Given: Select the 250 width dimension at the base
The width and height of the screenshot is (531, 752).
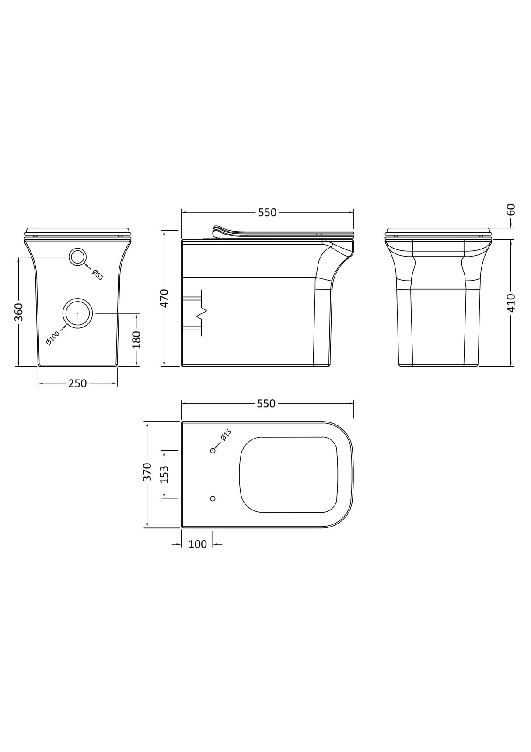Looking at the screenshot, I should pos(77,383).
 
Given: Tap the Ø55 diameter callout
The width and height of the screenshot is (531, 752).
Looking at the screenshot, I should pos(98,275).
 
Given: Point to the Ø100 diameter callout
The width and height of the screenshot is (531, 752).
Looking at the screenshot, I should pos(52,338).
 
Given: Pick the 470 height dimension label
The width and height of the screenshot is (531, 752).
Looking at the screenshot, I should pos(164,298).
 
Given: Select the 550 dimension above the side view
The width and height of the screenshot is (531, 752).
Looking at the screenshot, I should pos(267,213).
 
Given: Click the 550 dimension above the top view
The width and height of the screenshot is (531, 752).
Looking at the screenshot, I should pos(267,404).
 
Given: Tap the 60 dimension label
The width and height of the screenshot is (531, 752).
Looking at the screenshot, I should pos(511,210).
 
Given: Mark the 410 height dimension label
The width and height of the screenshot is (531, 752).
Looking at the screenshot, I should pos(511,302).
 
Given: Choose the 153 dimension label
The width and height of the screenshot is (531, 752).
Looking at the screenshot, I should pos(164,474).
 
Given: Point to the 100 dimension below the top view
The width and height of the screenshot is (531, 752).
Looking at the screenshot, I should pos(197,545).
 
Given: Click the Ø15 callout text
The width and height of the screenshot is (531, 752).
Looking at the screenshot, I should pos(226,435).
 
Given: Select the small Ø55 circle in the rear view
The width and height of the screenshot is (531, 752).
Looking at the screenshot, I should pos(78,257).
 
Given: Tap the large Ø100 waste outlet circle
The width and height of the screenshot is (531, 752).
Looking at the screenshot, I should pos(78,313).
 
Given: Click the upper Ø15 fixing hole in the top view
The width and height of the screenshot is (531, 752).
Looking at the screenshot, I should pos(213,450).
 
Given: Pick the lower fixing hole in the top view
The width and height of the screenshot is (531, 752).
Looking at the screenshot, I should pos(213,499).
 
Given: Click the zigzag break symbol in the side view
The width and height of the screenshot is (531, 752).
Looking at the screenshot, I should pos(202,313).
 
